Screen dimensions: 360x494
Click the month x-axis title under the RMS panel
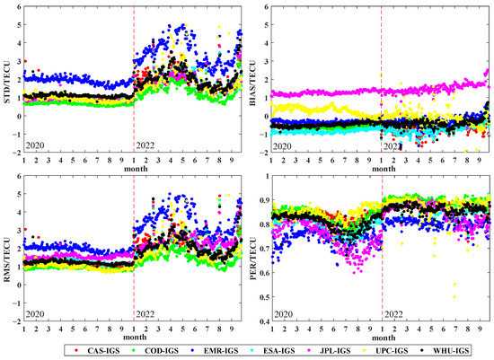[133, 337]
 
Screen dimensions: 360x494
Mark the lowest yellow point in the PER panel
[454, 295]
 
